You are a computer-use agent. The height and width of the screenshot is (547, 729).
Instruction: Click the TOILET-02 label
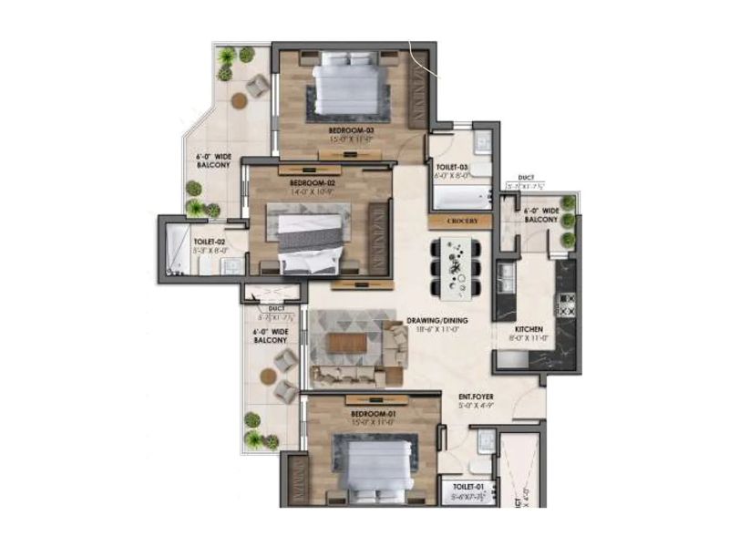tap(210, 243)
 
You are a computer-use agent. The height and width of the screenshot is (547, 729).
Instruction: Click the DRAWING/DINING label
tap(436, 321)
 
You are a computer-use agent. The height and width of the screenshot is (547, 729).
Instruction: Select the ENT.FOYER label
tap(475, 397)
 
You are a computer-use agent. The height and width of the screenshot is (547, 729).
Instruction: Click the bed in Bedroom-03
tap(345, 87)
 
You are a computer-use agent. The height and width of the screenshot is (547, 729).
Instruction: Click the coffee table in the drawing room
tap(345, 343)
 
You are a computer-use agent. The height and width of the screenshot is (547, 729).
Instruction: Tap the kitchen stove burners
tap(566, 304)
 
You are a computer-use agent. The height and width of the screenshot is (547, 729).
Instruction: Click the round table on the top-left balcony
tap(239, 100)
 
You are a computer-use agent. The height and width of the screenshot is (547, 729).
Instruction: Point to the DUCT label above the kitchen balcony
tap(526, 179)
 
